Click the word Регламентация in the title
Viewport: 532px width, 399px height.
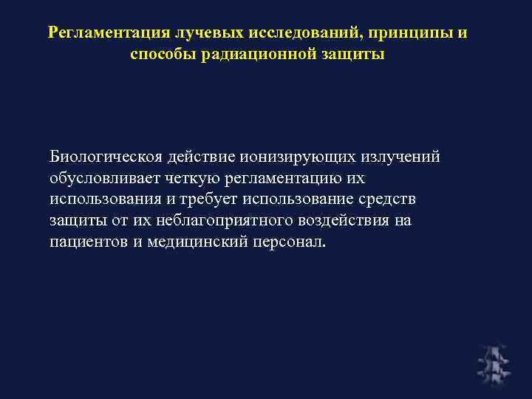(x=108, y=33)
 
